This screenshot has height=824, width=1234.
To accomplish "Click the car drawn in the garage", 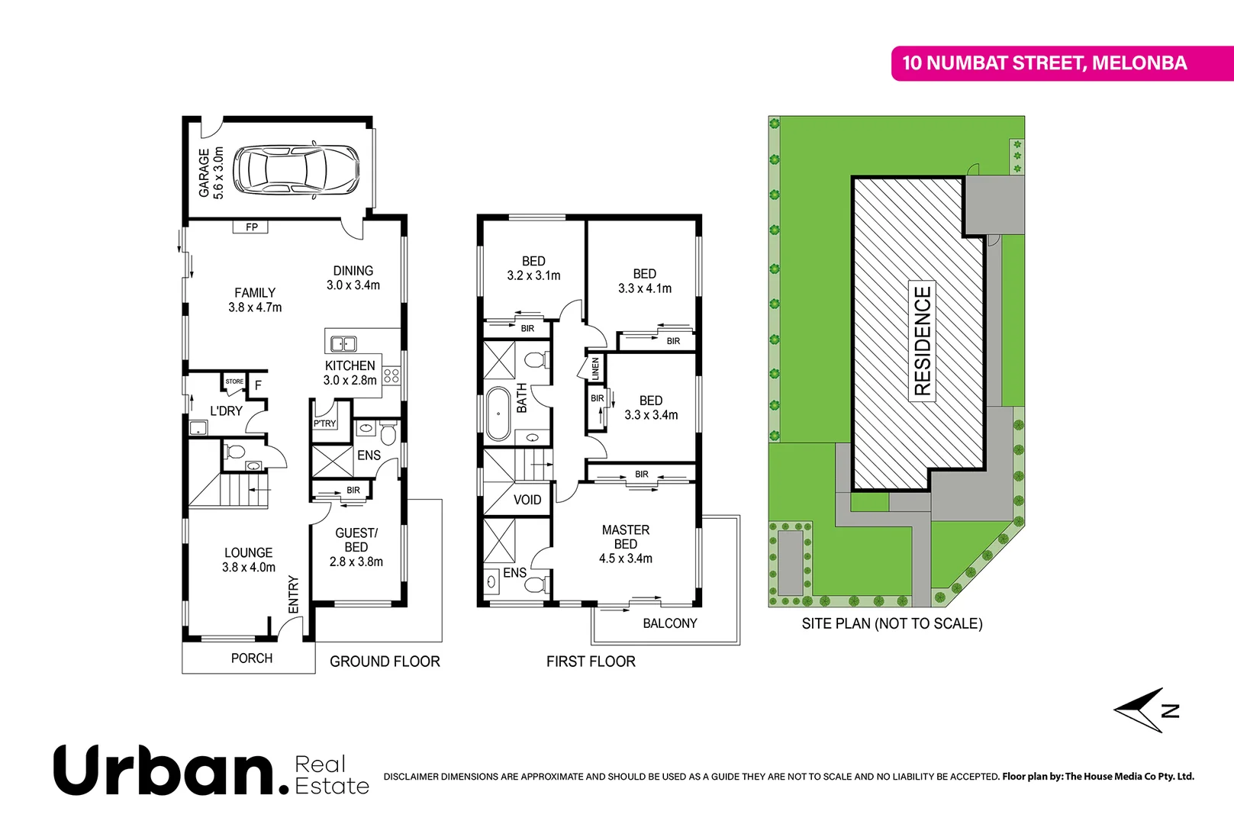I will [296, 169].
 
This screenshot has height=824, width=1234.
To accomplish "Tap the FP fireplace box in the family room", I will [251, 227].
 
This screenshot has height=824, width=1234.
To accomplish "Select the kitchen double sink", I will [343, 343].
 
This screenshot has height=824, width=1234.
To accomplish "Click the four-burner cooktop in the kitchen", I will [391, 375].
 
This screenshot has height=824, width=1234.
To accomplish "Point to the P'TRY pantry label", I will [324, 423].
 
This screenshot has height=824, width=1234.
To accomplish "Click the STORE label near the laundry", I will [234, 381].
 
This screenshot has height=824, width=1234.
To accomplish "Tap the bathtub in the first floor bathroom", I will [498, 414].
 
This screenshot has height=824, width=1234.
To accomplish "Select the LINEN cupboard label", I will [595, 369].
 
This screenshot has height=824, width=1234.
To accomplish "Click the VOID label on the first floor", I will [527, 500].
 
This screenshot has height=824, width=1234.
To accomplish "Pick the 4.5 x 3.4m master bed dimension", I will [626, 558].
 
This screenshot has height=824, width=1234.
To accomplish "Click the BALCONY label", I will [669, 623].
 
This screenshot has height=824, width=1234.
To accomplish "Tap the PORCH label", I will [251, 658].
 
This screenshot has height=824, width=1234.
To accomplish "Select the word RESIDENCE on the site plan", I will [923, 340].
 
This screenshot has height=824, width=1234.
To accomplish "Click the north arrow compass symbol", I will [1145, 710].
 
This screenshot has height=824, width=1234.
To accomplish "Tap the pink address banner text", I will [1044, 63].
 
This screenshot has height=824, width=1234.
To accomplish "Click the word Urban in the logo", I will [165, 771].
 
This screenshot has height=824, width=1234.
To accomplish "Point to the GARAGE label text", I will [204, 172].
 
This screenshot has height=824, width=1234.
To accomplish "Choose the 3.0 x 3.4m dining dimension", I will [353, 285].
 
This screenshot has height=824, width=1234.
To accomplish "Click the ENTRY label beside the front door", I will [294, 594].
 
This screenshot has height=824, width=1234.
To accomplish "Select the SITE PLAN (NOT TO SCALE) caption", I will [891, 623].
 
